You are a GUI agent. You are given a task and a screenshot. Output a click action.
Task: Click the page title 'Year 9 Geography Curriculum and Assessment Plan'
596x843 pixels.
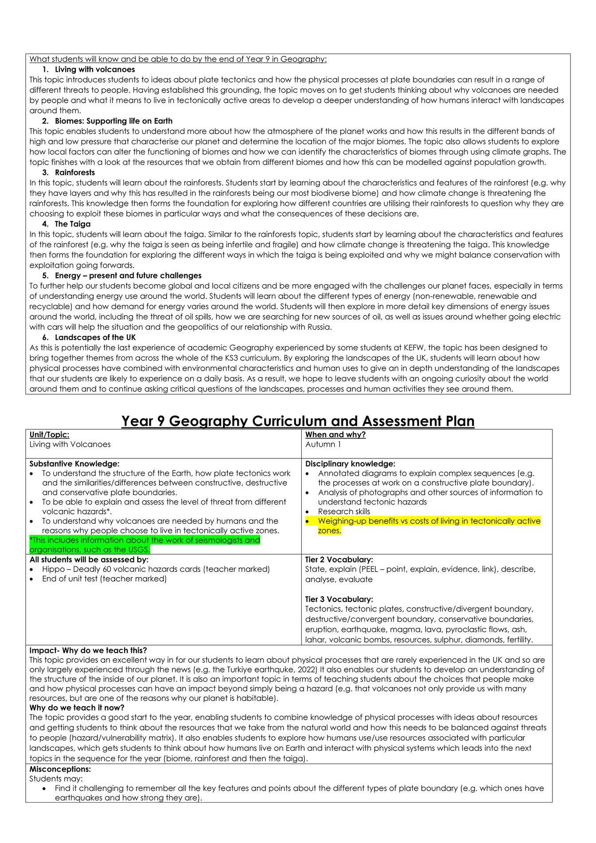(x=298, y=421)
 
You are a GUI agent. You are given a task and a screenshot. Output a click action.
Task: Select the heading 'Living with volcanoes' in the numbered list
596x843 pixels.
(x=95, y=70)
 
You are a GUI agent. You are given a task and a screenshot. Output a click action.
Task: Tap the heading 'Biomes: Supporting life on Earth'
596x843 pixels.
(x=113, y=121)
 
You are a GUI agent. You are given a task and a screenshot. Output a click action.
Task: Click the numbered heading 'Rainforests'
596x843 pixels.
(x=75, y=172)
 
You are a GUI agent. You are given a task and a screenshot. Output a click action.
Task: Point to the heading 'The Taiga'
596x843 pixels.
(x=73, y=224)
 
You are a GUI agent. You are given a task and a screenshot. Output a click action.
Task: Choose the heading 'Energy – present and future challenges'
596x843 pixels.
(x=128, y=276)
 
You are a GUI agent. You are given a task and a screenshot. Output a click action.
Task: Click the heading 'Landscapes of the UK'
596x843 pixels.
(x=95, y=338)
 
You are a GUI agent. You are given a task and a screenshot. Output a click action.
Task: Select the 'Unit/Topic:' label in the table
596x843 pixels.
(x=49, y=435)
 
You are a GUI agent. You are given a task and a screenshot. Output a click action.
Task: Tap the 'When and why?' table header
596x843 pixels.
(x=335, y=435)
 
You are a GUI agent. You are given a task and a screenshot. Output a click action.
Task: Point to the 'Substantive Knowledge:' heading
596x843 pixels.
(x=74, y=464)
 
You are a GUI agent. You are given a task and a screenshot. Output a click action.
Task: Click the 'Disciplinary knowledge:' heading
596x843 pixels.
(x=350, y=464)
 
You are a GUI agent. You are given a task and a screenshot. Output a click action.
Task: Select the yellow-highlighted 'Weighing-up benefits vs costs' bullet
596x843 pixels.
(x=428, y=521)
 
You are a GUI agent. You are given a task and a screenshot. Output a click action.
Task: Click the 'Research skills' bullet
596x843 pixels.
(x=344, y=512)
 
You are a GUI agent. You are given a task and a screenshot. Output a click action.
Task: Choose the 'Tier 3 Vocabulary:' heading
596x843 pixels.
(x=339, y=599)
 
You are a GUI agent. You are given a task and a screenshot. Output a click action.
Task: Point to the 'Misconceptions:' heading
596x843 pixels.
(x=60, y=769)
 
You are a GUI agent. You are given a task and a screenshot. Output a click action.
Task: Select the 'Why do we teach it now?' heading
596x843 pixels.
(x=77, y=707)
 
